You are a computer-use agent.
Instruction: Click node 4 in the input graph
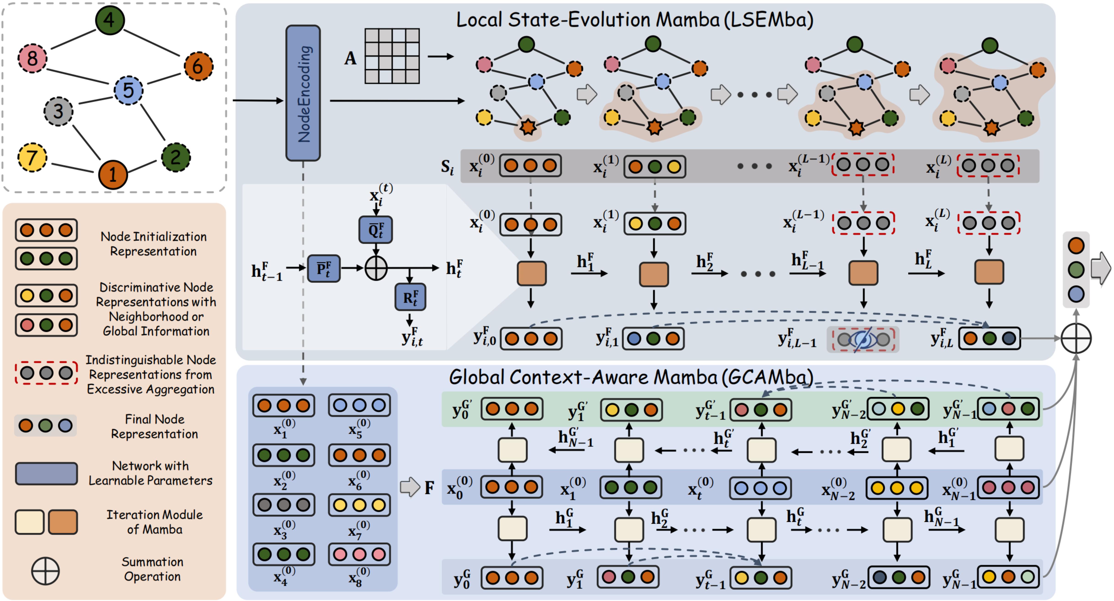point(109,20)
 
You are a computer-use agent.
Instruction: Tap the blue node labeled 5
point(128,90)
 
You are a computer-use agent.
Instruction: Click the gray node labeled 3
point(58,111)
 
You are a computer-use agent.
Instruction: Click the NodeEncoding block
point(303,93)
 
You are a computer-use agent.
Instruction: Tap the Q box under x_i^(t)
point(375,230)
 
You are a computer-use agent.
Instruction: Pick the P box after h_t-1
point(324,268)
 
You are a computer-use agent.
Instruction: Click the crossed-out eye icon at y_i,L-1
point(863,339)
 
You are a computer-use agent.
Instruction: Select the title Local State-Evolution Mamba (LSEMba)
point(634,20)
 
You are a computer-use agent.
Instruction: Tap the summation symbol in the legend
point(45,571)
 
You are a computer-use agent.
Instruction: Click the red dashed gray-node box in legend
point(46,373)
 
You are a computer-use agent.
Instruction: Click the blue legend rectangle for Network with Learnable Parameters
point(46,473)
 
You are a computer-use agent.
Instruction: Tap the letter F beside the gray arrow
point(429,488)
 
